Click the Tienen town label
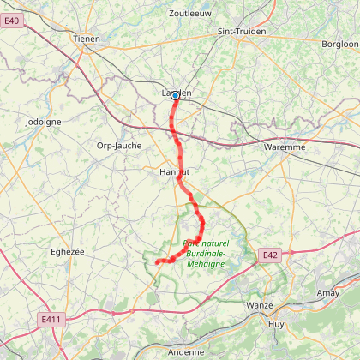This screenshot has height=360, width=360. click(x=87, y=39)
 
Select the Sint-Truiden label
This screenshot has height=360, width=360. click(x=243, y=31)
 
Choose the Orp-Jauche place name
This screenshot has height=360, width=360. click(x=117, y=146)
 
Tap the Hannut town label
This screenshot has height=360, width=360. click(x=174, y=172)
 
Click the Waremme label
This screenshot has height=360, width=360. click(x=284, y=147)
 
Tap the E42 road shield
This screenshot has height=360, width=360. click(x=271, y=255)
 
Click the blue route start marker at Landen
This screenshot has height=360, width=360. click(x=175, y=96)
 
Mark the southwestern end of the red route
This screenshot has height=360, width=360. click(x=158, y=261)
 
